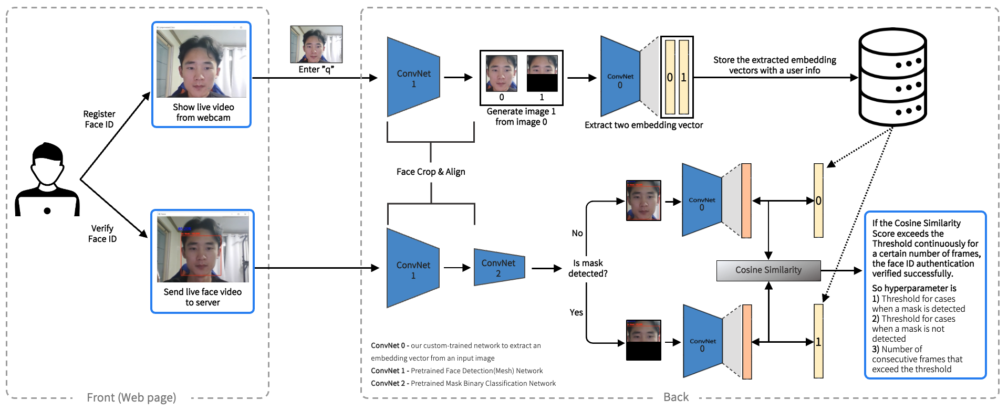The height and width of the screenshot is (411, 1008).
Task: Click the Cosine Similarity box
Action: pos(768,270)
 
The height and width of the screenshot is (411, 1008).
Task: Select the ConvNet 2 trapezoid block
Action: pos(499,267)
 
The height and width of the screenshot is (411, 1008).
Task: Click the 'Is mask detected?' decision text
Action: pos(588,268)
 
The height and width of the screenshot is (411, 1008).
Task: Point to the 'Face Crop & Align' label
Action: pos(431,172)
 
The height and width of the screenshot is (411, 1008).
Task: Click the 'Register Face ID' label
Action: pos(99,119)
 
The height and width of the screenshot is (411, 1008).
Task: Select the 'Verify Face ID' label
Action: pos(102,234)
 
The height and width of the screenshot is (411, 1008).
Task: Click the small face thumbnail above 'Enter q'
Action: pos(316,45)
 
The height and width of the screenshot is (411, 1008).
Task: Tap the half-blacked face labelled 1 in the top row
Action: pos(542,73)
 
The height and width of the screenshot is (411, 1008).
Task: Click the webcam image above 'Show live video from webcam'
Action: pos(201,64)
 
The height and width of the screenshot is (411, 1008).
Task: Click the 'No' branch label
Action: pos(577,233)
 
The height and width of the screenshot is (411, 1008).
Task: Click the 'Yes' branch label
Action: pos(576,312)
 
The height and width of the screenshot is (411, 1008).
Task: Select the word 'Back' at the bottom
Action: pos(676,397)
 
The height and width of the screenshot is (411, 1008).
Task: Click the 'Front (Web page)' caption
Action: pos(131,397)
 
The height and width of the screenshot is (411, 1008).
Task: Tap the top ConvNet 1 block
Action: pos(413,78)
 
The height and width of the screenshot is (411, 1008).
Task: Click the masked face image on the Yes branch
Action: pos(643,340)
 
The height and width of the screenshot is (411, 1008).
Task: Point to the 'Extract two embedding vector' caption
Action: pos(643,125)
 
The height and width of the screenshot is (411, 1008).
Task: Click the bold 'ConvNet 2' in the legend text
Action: pos(388,383)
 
